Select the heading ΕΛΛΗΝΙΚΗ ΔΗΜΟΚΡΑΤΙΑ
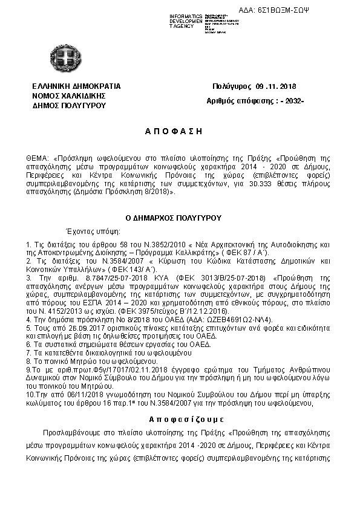(77, 86)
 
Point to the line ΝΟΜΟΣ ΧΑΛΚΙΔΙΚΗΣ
(70, 96)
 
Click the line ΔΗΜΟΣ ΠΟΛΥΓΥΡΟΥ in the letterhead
(69, 105)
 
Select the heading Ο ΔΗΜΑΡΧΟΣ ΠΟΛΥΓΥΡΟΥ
(173, 218)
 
